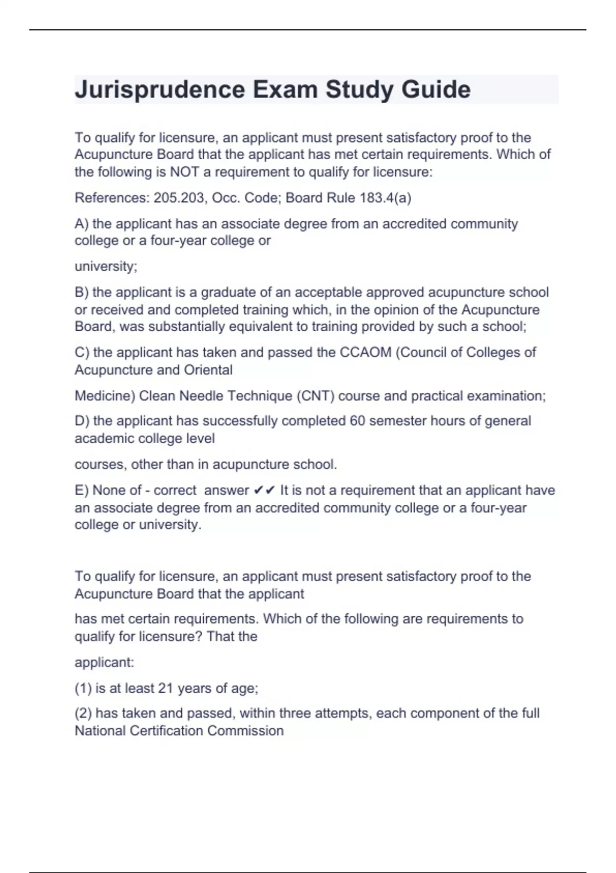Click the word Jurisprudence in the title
pyautogui.click(x=160, y=90)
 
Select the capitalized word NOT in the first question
pyautogui.click(x=185, y=172)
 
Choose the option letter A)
pyautogui.click(x=82, y=224)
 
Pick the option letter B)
pyautogui.click(x=82, y=292)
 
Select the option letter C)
pyautogui.click(x=82, y=352)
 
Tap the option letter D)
pyautogui.click(x=82, y=421)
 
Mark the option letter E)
pyautogui.click(x=81, y=490)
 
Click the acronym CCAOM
pyautogui.click(x=365, y=352)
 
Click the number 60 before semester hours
pyautogui.click(x=357, y=421)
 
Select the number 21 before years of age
pyautogui.click(x=165, y=688)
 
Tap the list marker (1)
pyautogui.click(x=83, y=688)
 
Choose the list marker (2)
pyautogui.click(x=83, y=713)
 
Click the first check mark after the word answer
pyautogui.click(x=258, y=490)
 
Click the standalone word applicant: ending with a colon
pyautogui.click(x=104, y=662)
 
